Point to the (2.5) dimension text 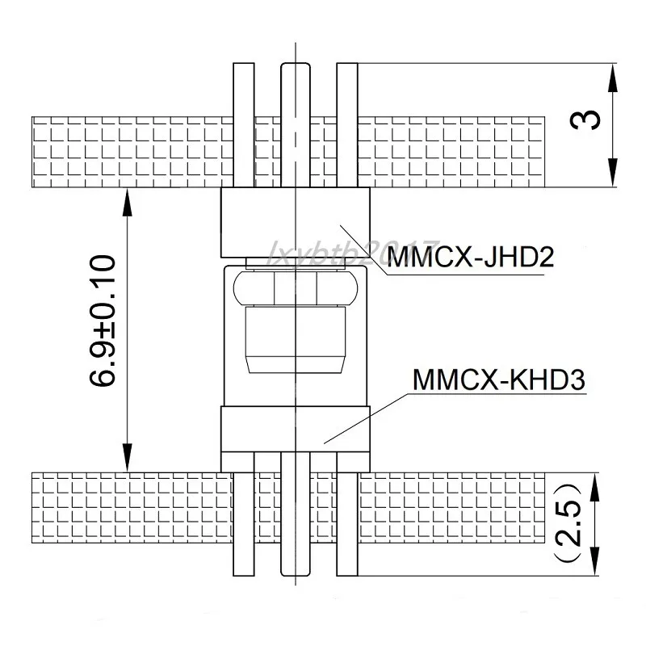tap(570, 523)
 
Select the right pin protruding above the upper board tap(347, 89)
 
